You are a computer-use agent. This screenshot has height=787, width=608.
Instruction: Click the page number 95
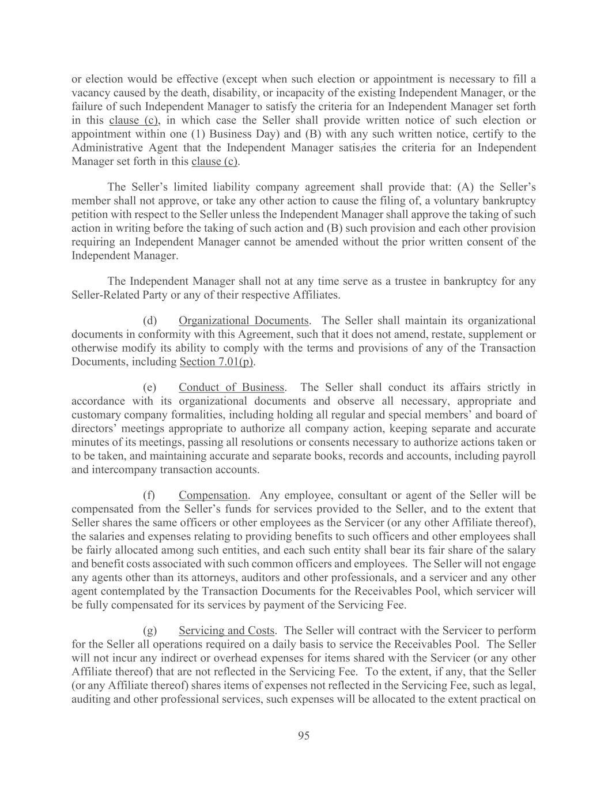(304, 735)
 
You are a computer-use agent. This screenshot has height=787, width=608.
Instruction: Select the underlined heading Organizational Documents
(243, 321)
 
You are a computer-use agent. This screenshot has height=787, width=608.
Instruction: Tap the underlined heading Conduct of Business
(231, 387)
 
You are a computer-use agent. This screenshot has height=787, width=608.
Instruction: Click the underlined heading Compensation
(213, 495)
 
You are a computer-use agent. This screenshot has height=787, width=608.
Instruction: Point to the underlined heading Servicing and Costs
(226, 631)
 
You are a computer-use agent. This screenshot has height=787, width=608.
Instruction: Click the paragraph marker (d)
(150, 321)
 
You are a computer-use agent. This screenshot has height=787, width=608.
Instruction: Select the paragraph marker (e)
(150, 387)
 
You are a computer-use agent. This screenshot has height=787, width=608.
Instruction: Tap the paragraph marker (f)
(149, 495)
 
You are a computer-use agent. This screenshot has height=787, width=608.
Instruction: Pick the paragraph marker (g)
(150, 631)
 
